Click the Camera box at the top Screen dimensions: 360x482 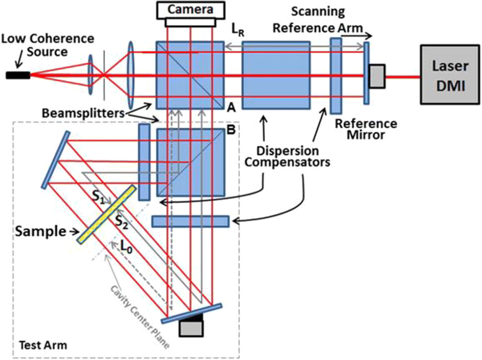(x=191, y=9)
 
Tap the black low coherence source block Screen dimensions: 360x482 (x=17, y=75)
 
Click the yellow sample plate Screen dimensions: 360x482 (x=106, y=214)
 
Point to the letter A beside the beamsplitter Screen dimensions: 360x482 (x=231, y=106)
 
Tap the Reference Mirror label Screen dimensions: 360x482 (x=365, y=129)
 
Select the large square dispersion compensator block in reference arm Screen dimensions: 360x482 (x=269, y=75)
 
